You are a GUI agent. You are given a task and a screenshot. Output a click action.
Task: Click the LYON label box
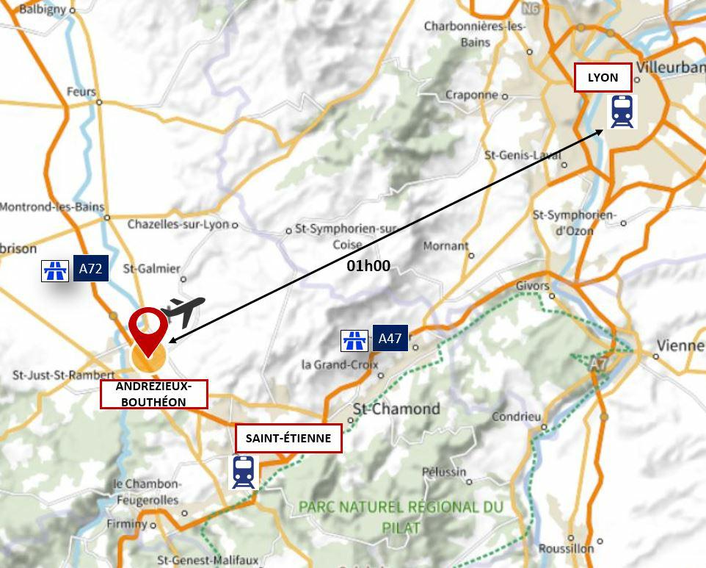point(603,78)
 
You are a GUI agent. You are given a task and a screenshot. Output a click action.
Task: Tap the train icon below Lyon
point(622,112)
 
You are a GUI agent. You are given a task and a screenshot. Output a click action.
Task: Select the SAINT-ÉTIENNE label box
point(288,439)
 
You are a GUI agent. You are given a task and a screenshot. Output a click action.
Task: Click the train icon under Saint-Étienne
point(244,472)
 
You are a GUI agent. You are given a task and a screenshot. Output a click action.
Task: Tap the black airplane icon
point(183,310)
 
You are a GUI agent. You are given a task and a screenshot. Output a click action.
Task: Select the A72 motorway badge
point(90,269)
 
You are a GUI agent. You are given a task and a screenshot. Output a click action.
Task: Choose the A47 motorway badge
point(390,339)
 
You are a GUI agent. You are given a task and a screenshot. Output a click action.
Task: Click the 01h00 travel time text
point(368,266)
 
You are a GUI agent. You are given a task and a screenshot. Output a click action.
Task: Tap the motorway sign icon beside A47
point(354,340)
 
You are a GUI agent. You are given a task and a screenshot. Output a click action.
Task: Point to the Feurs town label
point(81,92)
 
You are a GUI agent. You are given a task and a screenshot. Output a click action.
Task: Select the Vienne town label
point(680,345)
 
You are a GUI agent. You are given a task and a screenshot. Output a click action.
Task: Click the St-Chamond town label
point(396,409)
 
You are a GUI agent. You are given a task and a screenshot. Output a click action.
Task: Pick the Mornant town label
point(445,245)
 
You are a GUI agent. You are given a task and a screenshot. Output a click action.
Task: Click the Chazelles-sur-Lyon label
point(178,224)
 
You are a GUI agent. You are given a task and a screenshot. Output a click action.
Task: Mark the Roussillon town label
point(566,548)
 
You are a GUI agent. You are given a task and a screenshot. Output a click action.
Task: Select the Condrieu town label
point(516,416)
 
